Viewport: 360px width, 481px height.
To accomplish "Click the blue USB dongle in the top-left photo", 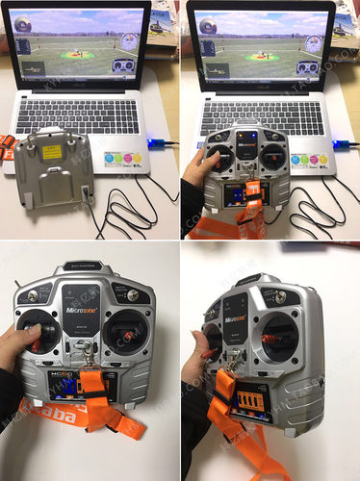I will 159,146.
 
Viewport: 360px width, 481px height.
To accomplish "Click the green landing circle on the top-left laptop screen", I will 77,55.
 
